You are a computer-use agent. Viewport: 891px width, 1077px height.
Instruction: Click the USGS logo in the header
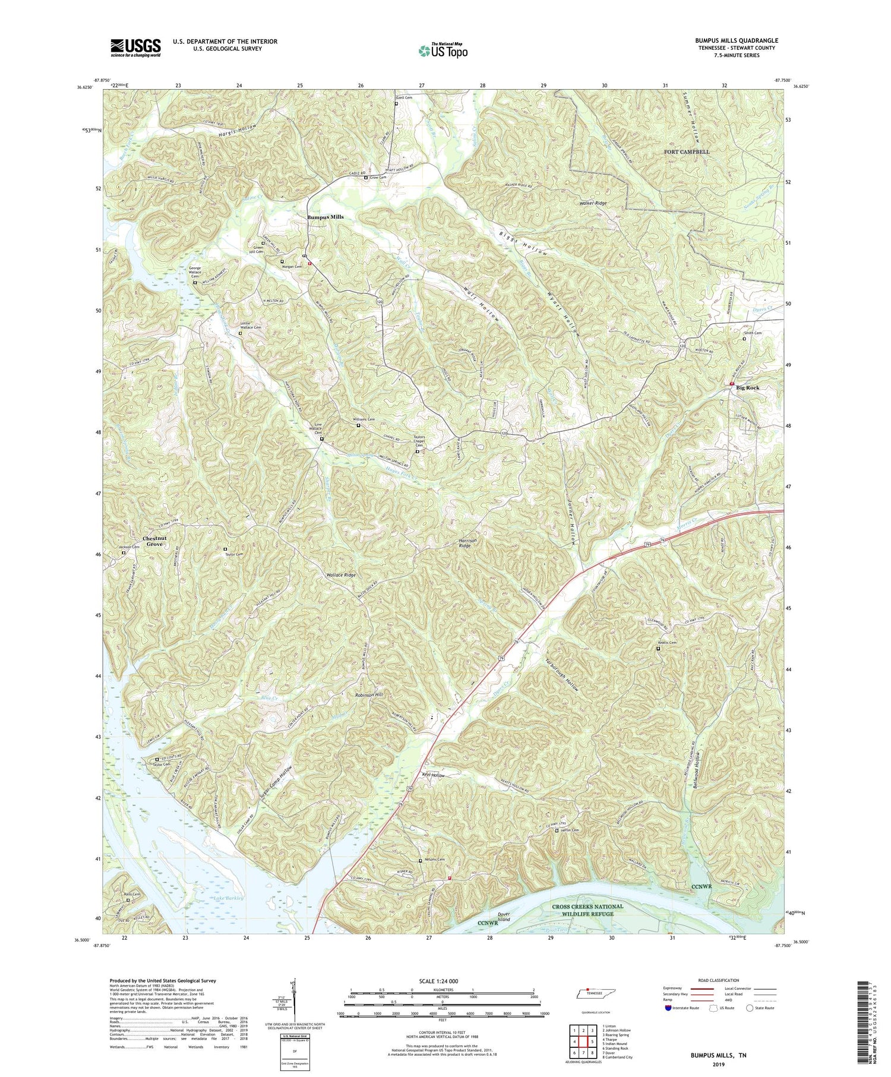click(x=135, y=48)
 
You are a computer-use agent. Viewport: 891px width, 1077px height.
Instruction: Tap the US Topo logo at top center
click(x=443, y=50)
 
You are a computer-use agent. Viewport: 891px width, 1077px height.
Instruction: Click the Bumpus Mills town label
click(x=325, y=217)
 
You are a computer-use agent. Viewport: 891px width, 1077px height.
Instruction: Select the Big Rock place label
click(x=747, y=387)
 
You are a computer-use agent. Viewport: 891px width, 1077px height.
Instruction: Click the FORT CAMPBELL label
click(x=687, y=152)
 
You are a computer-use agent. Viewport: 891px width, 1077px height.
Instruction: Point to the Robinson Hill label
click(x=369, y=694)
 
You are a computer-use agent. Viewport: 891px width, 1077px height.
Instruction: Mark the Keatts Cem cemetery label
click(x=666, y=643)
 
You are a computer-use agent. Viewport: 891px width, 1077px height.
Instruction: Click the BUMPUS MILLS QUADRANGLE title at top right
click(x=728, y=40)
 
